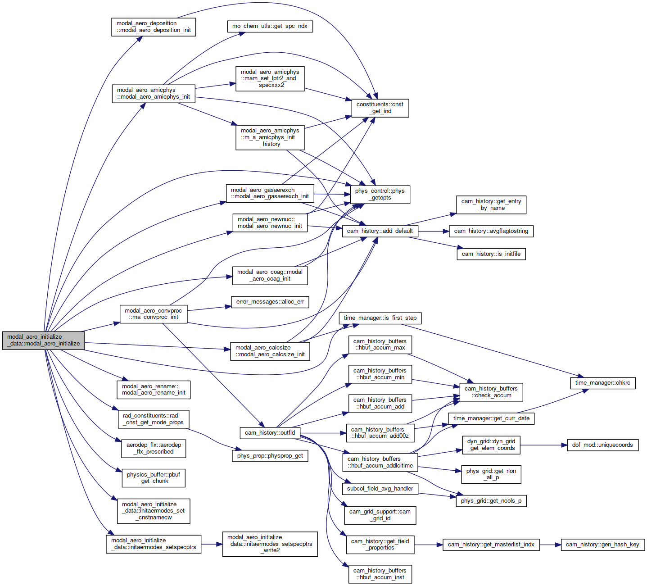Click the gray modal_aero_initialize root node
pos(44,340)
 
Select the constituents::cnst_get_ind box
pos(380,108)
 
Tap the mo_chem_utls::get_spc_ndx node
pos(270,26)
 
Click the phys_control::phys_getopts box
pos(380,194)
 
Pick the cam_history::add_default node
pos(380,231)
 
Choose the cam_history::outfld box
pos(270,433)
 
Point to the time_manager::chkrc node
pos(602,383)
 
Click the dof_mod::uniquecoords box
pos(602,445)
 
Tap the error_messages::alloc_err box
pos(270,302)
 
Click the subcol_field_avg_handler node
pos(380,489)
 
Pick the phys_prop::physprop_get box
pos(270,456)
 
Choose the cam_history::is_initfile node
pos(491,254)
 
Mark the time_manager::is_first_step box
pos(380,318)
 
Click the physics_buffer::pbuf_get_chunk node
pos(154,478)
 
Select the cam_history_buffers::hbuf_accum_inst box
pos(380,574)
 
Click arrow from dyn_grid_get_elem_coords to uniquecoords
pos(544,445)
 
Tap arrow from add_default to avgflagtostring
pos(434,232)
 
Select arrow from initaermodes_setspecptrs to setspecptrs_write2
pos(212,545)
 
